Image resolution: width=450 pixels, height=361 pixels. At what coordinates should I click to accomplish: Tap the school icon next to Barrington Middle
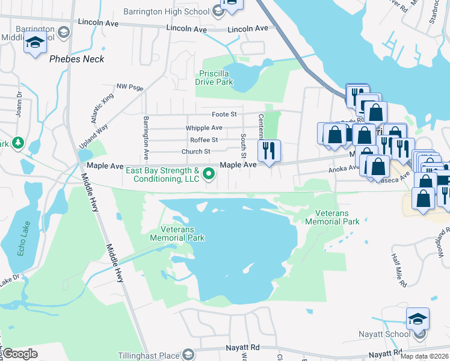click(x=35, y=43)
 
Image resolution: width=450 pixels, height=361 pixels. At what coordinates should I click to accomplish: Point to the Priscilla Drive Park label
click(x=216, y=78)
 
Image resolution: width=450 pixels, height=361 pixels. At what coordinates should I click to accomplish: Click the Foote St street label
click(x=224, y=114)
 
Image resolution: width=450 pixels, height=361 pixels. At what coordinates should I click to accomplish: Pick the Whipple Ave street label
click(x=204, y=128)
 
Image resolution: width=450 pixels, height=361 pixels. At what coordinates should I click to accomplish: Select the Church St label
click(x=196, y=152)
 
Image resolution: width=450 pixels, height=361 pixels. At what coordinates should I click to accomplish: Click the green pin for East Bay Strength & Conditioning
click(x=209, y=174)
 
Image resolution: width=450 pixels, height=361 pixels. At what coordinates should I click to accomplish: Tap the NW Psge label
click(x=130, y=88)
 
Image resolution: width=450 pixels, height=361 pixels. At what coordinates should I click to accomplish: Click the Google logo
click(x=19, y=354)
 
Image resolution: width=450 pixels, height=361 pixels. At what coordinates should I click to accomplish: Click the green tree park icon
click(x=18, y=143)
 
